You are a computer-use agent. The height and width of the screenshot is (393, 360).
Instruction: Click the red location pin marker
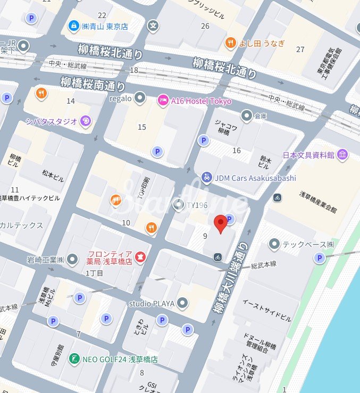[221, 224]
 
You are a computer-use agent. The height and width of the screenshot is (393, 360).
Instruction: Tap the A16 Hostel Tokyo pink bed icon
[163, 100]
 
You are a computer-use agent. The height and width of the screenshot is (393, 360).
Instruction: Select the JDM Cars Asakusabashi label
[255, 178]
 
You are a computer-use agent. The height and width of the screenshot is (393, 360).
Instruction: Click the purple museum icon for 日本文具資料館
[342, 155]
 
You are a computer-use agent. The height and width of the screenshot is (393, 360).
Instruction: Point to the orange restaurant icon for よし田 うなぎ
[230, 44]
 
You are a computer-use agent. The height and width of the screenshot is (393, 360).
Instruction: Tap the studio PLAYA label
[152, 304]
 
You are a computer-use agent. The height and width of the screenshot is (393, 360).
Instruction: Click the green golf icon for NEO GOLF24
[74, 359]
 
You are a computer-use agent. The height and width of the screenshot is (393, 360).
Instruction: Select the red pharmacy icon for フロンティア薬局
[140, 257]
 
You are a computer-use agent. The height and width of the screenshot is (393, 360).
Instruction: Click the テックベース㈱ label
[308, 245]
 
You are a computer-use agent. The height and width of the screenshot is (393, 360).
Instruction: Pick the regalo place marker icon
[140, 97]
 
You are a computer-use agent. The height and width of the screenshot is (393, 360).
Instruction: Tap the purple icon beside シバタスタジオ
[85, 121]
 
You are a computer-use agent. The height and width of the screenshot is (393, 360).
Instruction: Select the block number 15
[141, 127]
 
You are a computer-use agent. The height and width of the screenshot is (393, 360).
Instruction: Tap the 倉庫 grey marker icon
[246, 115]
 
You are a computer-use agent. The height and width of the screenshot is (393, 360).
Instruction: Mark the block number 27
[300, 49]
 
